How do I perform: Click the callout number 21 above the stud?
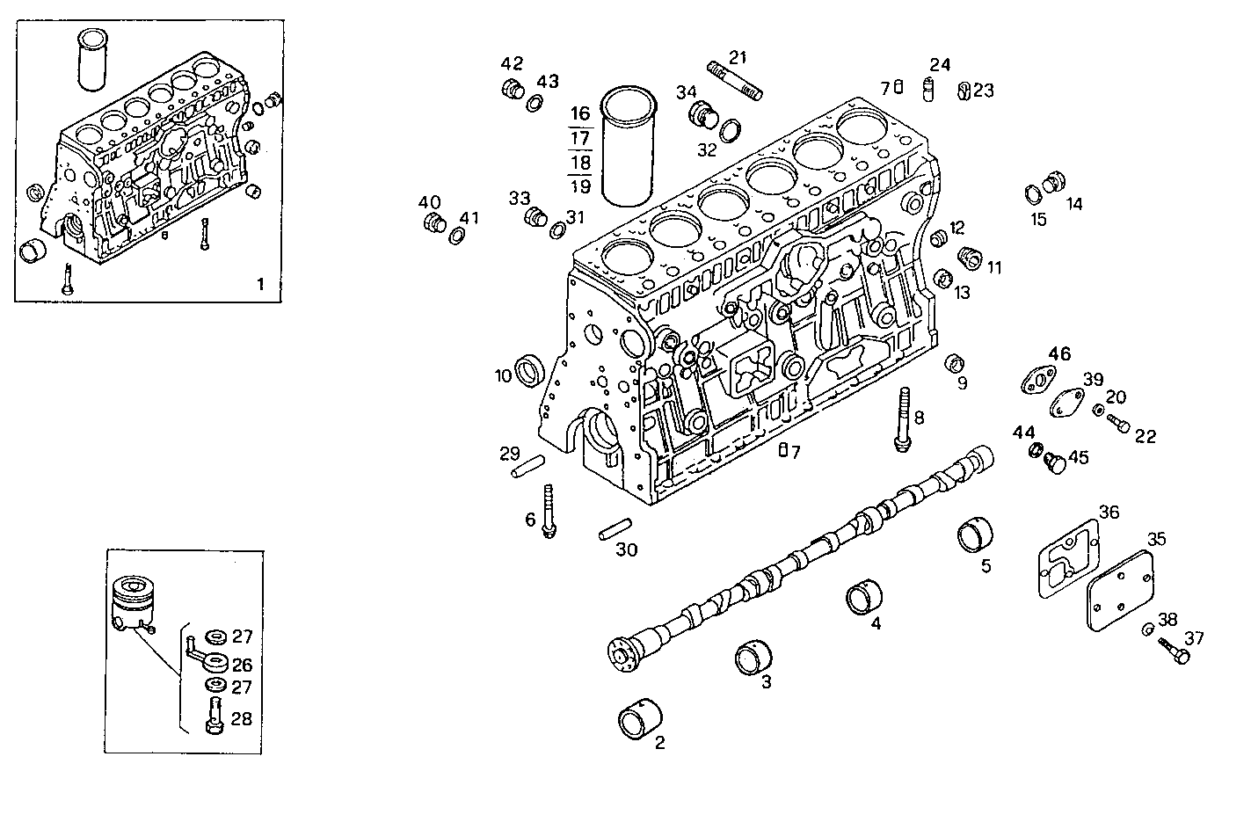(738, 58)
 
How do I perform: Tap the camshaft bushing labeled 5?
(976, 535)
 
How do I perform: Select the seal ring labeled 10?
(529, 368)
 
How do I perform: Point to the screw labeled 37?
(1173, 649)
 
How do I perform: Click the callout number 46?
(1059, 354)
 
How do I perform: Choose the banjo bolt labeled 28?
(213, 713)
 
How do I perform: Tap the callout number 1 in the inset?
(259, 284)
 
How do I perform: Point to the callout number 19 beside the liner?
(579, 185)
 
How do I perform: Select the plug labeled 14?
(1052, 185)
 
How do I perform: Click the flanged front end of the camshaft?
(622, 653)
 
